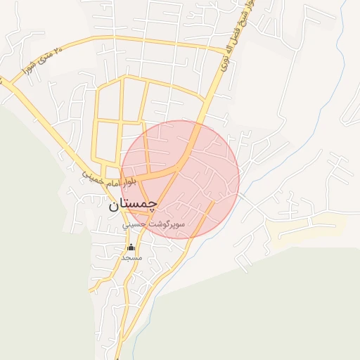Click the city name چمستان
[x=132, y=206]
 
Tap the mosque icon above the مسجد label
[x=131, y=247]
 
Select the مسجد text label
[x=131, y=257]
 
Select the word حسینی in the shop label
[x=136, y=226]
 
